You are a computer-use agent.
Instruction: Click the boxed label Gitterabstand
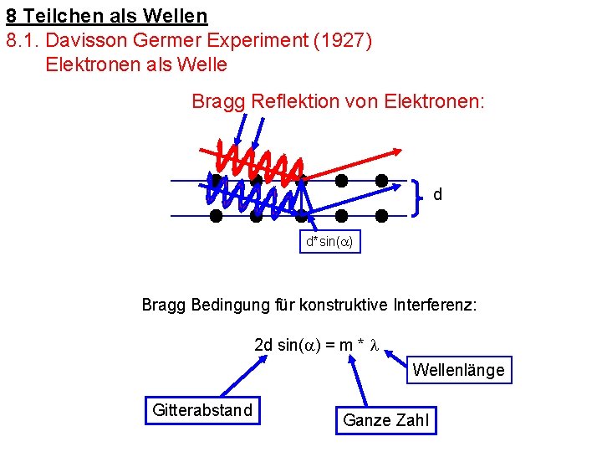202,410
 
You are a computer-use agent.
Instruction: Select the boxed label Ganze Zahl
385,420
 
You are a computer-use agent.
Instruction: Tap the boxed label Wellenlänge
458,370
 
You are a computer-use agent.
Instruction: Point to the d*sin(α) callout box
329,242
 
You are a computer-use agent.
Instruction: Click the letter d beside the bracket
438,195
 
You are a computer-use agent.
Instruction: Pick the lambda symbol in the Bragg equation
375,345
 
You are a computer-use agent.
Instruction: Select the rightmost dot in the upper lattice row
382,180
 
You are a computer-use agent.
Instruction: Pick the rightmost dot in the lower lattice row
382,216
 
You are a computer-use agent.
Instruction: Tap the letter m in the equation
344,345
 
